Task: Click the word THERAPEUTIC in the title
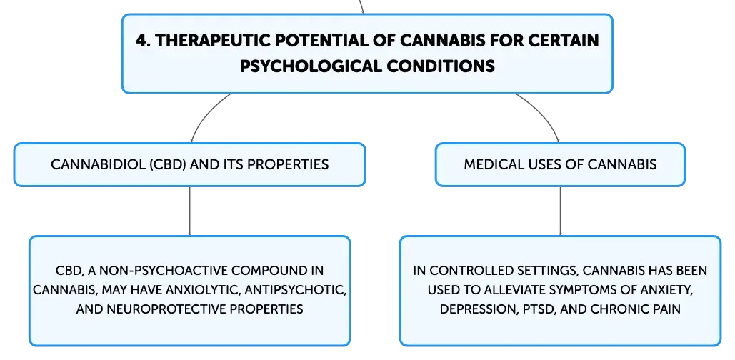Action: point(212,41)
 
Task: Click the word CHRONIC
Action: point(616,309)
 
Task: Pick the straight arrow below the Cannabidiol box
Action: point(189,211)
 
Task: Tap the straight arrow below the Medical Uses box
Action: point(560,211)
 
